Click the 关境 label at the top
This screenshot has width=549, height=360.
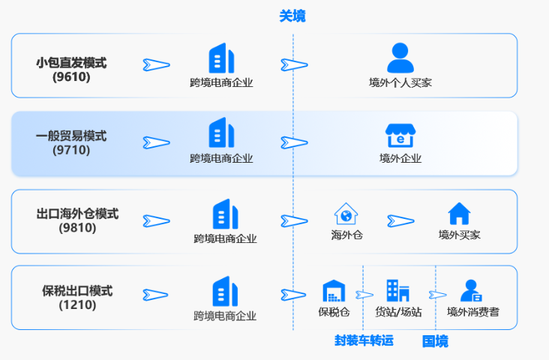pos(292,16)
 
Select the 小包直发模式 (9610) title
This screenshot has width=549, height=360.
pos(71,69)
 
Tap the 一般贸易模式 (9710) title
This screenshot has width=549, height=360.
pos(71,142)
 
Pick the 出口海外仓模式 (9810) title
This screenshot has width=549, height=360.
pos(77,220)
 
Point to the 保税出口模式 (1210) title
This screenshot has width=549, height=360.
pos(77,297)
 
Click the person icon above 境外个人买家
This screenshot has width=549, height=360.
pos(400,58)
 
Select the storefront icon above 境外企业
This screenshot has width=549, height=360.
pos(400,135)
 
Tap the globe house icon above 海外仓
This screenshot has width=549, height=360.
pos(346,214)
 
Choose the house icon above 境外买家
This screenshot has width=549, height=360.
pos(458,214)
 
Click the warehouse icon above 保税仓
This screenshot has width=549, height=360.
pos(333,291)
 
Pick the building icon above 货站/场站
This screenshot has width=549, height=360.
pos(397,290)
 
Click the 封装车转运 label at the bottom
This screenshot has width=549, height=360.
pos(364,340)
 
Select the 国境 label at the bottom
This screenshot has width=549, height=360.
pos(435,341)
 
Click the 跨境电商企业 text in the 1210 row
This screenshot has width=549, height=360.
pos(225,315)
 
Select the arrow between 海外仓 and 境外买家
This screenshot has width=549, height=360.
pos(400,220)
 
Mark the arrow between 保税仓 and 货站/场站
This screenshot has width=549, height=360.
pos(364,295)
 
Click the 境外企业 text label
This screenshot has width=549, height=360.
pos(400,158)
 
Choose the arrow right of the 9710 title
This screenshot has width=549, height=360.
pos(156,142)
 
